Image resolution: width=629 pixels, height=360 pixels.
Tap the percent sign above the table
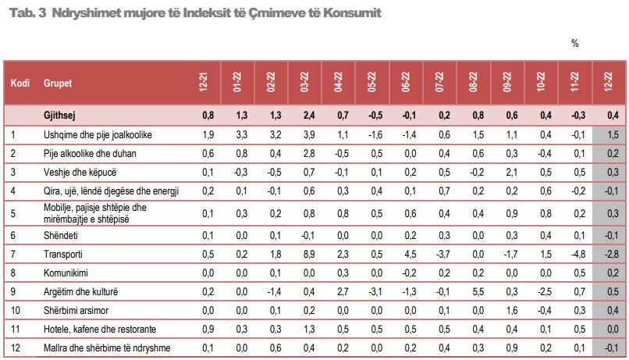[x=575, y=44]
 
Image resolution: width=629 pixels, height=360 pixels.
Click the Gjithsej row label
[x=61, y=116]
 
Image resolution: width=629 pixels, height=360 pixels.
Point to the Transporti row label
[x=63, y=255]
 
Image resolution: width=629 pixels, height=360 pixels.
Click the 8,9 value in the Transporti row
[x=307, y=255]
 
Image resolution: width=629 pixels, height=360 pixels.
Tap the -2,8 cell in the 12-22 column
[x=611, y=255]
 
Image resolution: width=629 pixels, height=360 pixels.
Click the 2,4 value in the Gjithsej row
[x=307, y=116]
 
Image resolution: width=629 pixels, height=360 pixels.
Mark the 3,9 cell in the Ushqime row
[x=307, y=135]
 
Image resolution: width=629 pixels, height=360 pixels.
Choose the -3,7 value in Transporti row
[x=443, y=255]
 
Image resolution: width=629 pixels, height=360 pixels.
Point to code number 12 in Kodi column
[x=13, y=347]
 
